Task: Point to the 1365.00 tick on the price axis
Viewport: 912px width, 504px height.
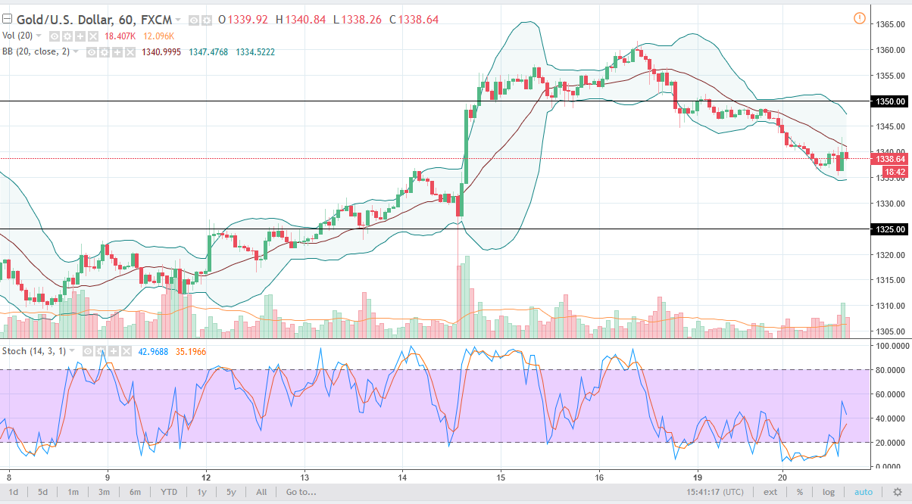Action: (892, 24)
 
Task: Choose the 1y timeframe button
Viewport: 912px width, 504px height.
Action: (202, 492)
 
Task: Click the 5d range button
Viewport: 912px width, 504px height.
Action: (43, 492)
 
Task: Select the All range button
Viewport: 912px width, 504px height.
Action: (261, 492)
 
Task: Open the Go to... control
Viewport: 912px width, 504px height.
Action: (301, 492)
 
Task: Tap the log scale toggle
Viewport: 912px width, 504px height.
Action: (829, 492)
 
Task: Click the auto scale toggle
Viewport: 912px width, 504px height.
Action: (863, 492)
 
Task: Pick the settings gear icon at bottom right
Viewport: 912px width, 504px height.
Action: (898, 492)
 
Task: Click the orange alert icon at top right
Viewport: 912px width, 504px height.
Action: (859, 18)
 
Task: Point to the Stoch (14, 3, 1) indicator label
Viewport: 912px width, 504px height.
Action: (35, 351)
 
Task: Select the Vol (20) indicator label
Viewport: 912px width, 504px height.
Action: (19, 36)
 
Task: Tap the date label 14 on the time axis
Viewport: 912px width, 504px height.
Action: (403, 478)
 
